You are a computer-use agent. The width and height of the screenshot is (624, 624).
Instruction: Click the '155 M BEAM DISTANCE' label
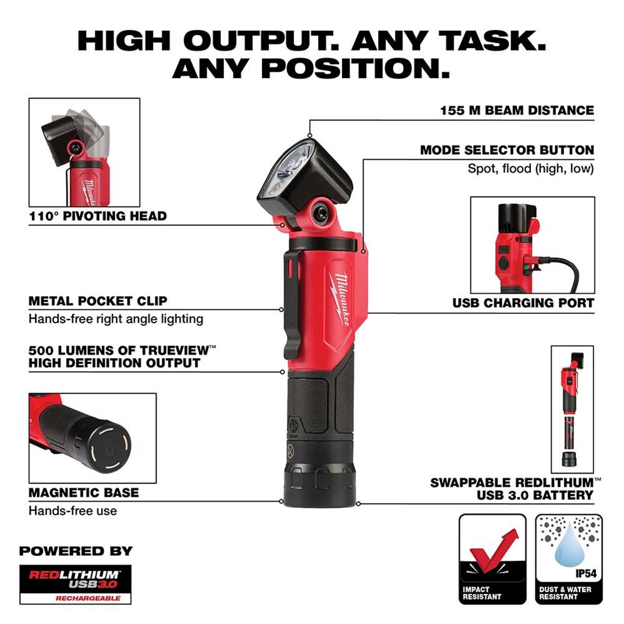pos(514,110)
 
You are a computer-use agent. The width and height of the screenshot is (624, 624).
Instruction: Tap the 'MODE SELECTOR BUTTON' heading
pos(507,150)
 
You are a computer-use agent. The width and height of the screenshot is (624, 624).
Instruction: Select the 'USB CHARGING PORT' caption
pos(523,303)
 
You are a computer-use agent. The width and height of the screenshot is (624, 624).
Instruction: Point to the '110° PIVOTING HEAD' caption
pos(97,217)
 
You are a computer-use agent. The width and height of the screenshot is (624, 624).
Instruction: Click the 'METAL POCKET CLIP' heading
pos(98,301)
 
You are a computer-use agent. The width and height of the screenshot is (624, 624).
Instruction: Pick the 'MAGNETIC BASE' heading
pos(84,492)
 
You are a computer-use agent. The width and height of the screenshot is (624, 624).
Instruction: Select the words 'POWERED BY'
pos(76,551)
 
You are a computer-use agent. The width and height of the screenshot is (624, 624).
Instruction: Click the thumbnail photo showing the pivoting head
pos(84,152)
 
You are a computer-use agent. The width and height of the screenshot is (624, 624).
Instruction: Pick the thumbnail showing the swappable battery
pos(572,409)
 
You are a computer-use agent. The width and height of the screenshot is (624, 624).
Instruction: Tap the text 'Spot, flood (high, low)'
pos(530,168)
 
